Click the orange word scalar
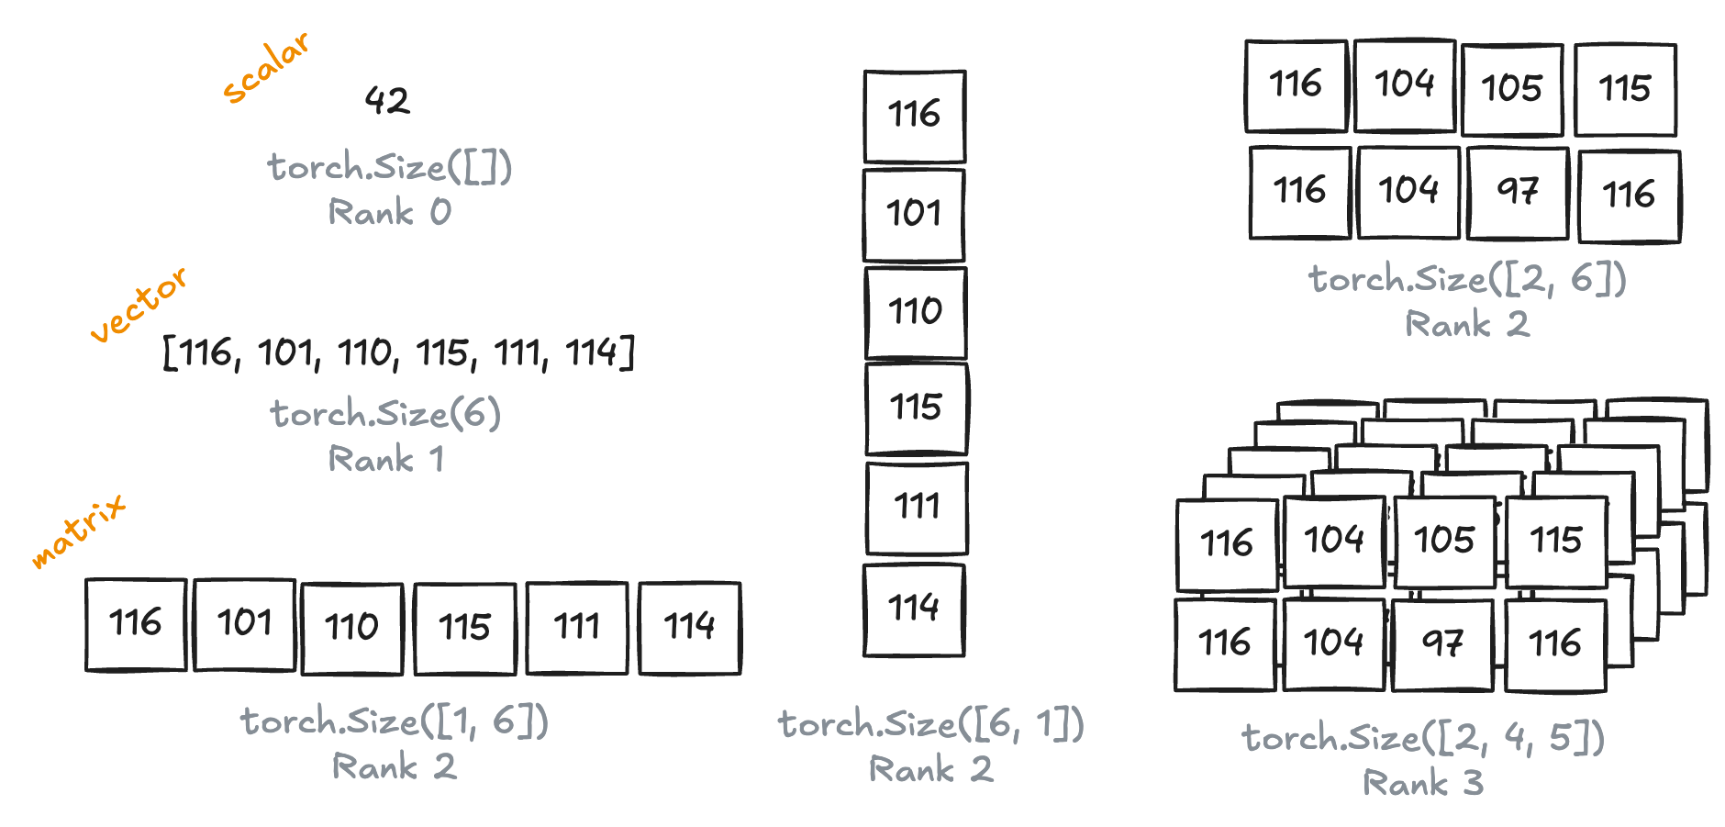tap(266, 68)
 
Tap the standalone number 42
tap(387, 100)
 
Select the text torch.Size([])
tap(389, 168)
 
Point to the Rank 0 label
tap(389, 213)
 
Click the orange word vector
tap(139, 305)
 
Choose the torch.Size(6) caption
tap(385, 414)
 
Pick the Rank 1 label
tap(385, 459)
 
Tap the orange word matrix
tap(78, 531)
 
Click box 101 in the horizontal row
tap(245, 624)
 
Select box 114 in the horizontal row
tap(689, 627)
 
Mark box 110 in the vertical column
tap(916, 312)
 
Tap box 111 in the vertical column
tap(917, 508)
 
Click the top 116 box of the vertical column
tap(915, 116)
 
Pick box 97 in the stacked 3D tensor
tap(1442, 643)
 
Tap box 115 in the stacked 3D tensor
tap(1556, 541)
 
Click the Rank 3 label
tap(1422, 783)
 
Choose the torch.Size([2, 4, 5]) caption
tap(1422, 738)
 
